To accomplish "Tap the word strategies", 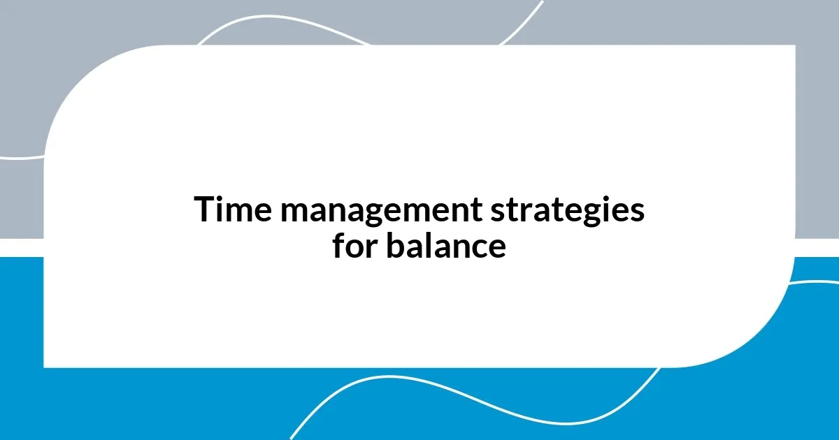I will (x=566, y=211).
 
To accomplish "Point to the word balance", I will (x=445, y=246).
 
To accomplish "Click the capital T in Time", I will (x=203, y=210).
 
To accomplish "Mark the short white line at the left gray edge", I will (x=21, y=158).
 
